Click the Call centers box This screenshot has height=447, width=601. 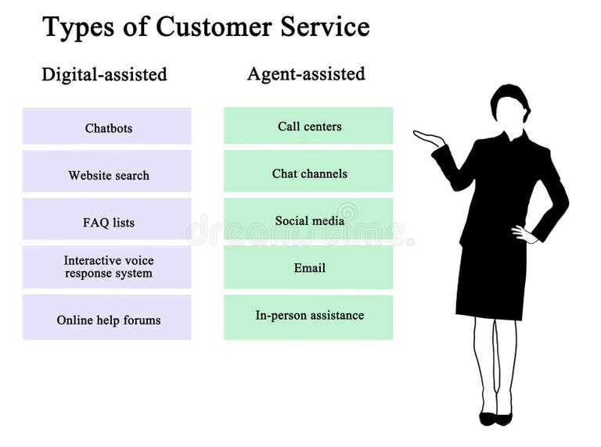pyautogui.click(x=308, y=126)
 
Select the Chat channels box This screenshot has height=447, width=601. pyautogui.click(x=308, y=172)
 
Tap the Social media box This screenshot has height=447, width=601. pyautogui.click(x=308, y=220)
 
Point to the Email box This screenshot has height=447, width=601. pyautogui.click(x=308, y=267)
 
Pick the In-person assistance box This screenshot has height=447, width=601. pyautogui.click(x=308, y=316)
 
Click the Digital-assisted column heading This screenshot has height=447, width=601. pyautogui.click(x=104, y=75)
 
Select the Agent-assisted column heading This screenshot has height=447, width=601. pyautogui.click(x=306, y=74)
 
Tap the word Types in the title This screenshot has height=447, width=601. pyautogui.click(x=74, y=27)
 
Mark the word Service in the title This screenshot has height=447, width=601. pyautogui.click(x=322, y=27)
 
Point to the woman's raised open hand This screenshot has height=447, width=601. pyautogui.click(x=428, y=138)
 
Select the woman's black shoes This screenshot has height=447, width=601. pyautogui.click(x=496, y=418)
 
